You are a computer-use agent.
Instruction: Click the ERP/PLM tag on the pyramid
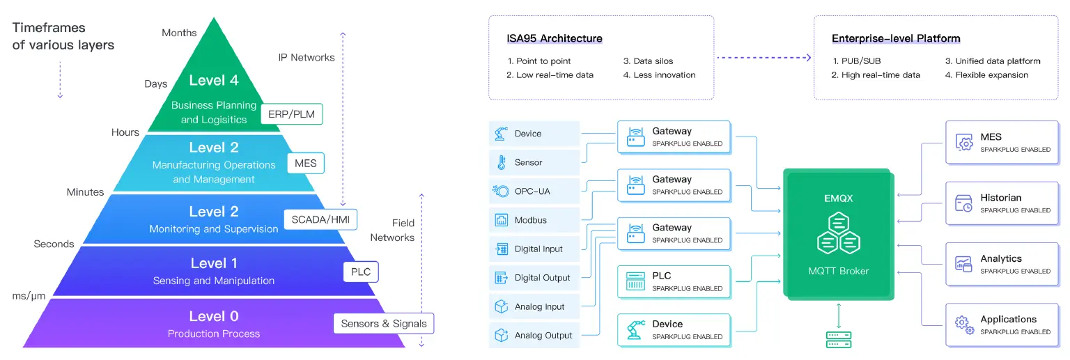coord(291,114)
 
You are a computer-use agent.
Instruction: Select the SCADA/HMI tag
coord(320,219)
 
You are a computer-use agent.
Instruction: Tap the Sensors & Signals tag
coord(383,324)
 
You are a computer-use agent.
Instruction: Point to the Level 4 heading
coord(214,81)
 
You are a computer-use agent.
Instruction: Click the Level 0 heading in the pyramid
coord(214,317)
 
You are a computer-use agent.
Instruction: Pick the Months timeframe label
coord(179,33)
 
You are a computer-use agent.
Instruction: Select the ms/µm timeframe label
coord(29,296)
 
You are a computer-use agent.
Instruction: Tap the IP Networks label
coord(306,58)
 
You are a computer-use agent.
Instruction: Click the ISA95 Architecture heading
coord(555,38)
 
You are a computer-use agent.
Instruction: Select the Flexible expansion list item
coord(991,75)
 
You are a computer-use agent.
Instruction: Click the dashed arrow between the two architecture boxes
coord(764,58)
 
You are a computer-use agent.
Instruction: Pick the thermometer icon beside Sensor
coord(501,162)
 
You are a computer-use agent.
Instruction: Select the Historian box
coord(1000,203)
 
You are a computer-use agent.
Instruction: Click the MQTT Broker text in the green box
coord(838,271)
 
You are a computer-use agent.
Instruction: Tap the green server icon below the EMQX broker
coord(838,339)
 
